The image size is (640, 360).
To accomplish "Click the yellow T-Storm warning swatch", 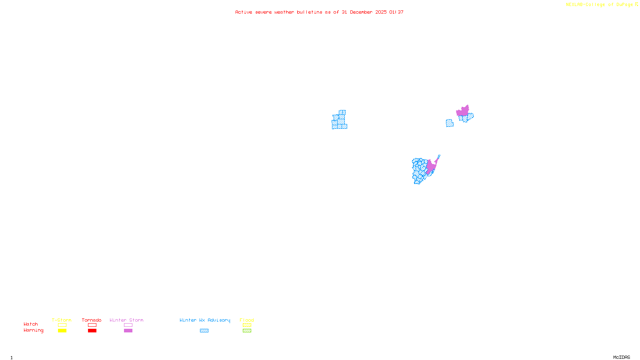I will pyautogui.click(x=62, y=331).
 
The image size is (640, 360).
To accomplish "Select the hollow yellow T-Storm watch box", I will pyautogui.click(x=62, y=325).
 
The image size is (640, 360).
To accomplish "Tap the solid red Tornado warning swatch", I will pyautogui.click(x=92, y=331).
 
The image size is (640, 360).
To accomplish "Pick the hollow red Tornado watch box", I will pyautogui.click(x=92, y=325).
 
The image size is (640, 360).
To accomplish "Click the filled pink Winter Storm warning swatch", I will pyautogui.click(x=128, y=331).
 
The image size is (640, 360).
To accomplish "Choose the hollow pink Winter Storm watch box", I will pyautogui.click(x=128, y=325).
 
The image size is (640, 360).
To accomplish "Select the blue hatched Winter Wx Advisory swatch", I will pyautogui.click(x=204, y=331).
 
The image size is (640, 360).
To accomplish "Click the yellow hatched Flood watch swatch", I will pyautogui.click(x=247, y=325).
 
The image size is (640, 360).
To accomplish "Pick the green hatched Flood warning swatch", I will pyautogui.click(x=247, y=331).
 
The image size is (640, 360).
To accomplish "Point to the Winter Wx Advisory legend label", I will pyautogui.click(x=205, y=320).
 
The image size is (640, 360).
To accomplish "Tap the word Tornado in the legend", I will pyautogui.click(x=92, y=320).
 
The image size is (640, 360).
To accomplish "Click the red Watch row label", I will pyautogui.click(x=31, y=324).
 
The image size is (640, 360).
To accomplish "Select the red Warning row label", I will pyautogui.click(x=33, y=330).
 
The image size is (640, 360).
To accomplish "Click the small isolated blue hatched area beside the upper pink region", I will pyautogui.click(x=450, y=123).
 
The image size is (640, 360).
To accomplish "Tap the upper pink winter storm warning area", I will pyautogui.click(x=463, y=111).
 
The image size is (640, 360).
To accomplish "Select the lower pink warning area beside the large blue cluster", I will pyautogui.click(x=431, y=166).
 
